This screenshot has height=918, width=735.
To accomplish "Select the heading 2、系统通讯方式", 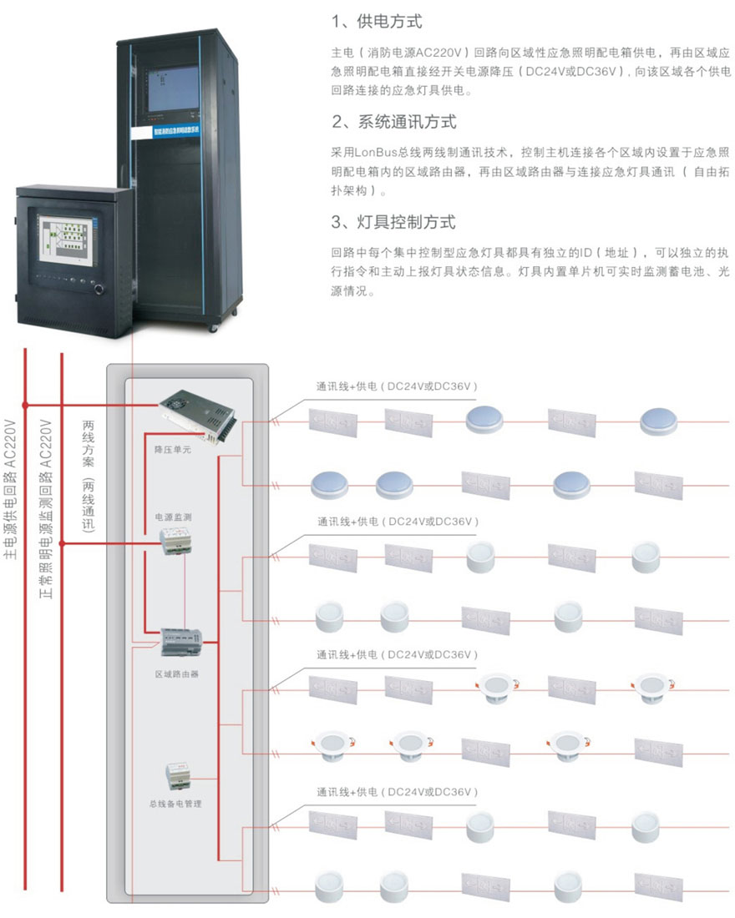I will [393, 122].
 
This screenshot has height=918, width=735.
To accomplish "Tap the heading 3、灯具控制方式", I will [393, 223].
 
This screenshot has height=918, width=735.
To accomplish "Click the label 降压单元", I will [173, 449].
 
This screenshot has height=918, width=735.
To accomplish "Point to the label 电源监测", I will [173, 517].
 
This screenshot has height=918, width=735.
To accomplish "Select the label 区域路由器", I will [177, 673].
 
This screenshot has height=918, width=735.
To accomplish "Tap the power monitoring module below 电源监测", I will [177, 543].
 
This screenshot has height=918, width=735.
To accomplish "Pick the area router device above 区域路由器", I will [177, 642].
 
